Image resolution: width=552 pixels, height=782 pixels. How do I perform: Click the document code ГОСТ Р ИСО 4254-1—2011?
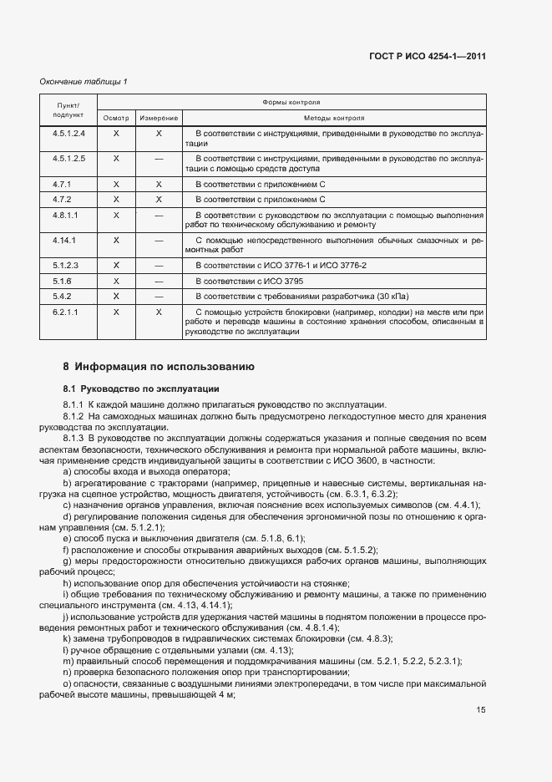pyautogui.click(x=427, y=57)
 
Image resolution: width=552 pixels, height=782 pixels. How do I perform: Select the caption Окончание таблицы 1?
pyautogui.click(x=84, y=81)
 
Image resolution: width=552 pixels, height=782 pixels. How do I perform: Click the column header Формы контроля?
pyautogui.click(x=291, y=102)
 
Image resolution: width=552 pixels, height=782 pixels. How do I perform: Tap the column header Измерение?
pyautogui.click(x=159, y=119)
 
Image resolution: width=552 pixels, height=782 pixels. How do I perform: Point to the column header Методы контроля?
pyautogui.click(x=334, y=119)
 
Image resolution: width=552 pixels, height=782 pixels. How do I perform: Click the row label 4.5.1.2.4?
pyautogui.click(x=68, y=134)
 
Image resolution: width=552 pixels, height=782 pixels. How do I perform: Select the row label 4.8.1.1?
pyautogui.click(x=65, y=215)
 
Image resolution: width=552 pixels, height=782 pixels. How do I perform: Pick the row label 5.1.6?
pyautogui.click(x=63, y=281)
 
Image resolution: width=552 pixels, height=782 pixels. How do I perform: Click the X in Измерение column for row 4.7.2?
pyautogui.click(x=159, y=200)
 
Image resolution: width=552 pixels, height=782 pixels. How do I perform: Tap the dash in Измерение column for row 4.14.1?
pyautogui.click(x=159, y=240)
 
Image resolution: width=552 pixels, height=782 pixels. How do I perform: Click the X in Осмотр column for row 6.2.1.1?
pyautogui.click(x=116, y=312)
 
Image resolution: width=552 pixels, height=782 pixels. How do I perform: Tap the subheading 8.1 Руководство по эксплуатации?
pyautogui.click(x=140, y=388)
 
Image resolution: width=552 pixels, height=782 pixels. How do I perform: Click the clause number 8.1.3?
pyautogui.click(x=73, y=437)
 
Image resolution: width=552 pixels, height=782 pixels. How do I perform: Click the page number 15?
pyautogui.click(x=481, y=710)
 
